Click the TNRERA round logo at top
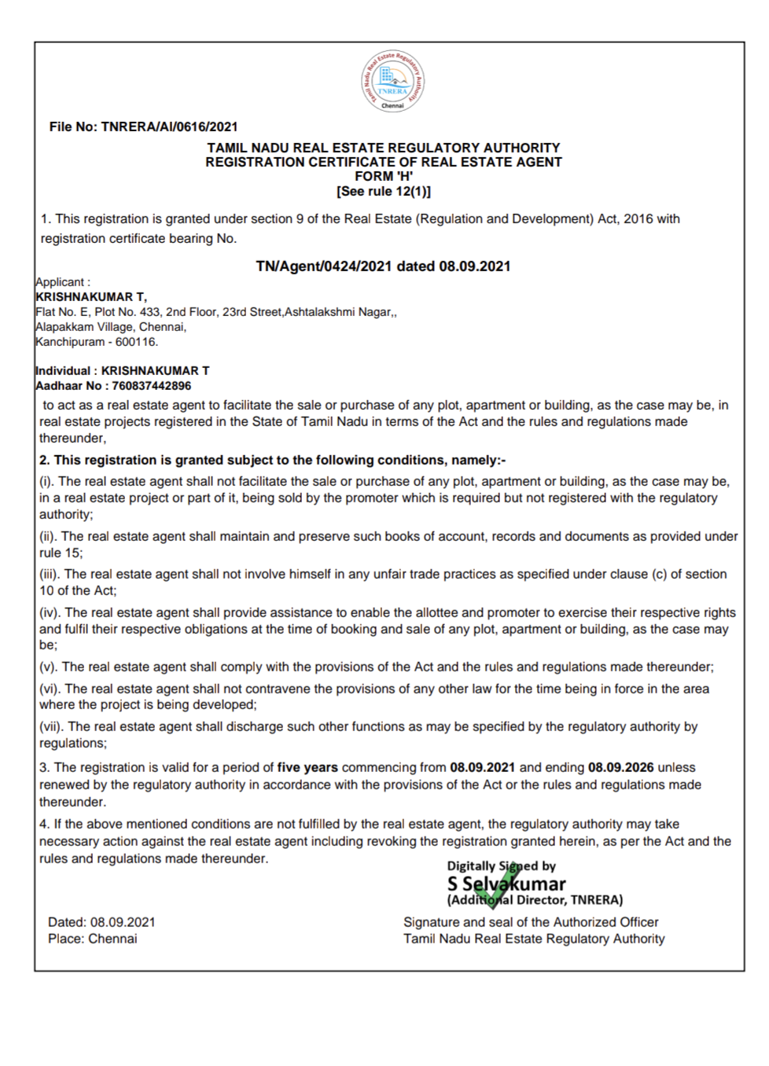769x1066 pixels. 392,81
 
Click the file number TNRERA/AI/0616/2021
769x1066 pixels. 169,127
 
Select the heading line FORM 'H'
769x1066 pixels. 384,177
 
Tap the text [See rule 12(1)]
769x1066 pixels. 384,192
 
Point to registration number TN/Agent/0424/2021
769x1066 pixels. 323,266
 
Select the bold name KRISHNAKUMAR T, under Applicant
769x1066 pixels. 91,297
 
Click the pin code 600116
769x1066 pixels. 136,342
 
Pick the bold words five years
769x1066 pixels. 307,767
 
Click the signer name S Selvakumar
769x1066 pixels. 506,884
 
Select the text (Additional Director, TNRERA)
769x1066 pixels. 535,900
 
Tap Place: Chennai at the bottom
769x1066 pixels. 92,939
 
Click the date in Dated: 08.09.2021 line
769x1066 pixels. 123,922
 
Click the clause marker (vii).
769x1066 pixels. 52,726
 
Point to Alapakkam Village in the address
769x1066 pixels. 85,327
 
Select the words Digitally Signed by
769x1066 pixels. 502,866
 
